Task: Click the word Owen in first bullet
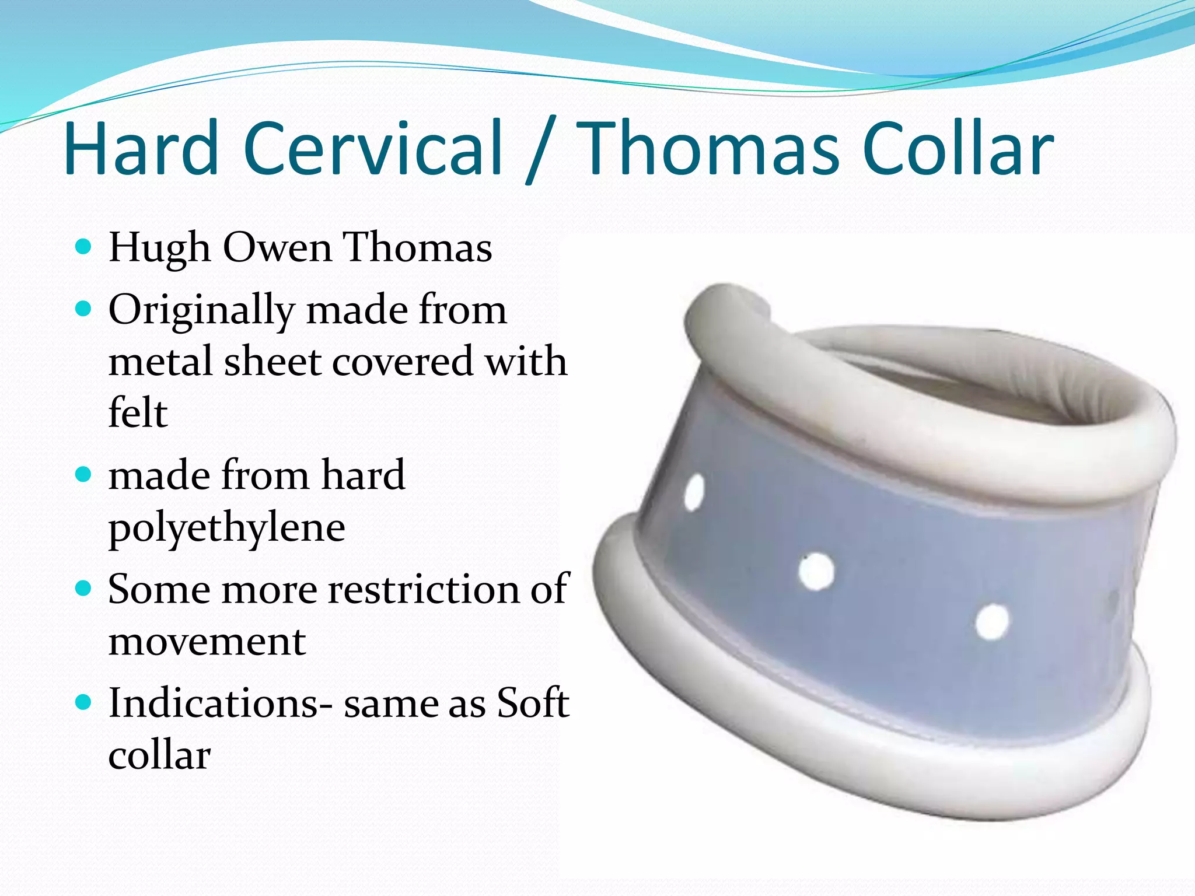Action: click(278, 248)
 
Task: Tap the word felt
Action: click(138, 412)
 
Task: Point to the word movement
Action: click(207, 642)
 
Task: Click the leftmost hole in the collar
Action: click(694, 493)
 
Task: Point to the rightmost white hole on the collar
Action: click(992, 622)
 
